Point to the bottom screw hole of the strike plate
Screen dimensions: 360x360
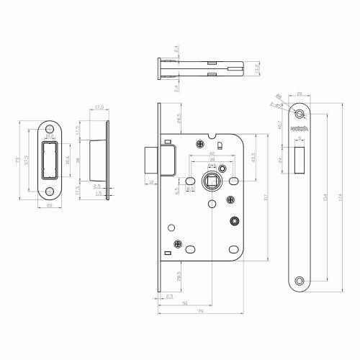[50, 192]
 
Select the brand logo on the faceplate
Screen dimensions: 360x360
[300, 129]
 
